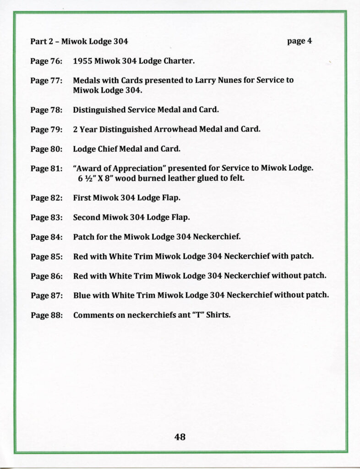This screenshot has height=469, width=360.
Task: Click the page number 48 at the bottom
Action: pyautogui.click(x=180, y=437)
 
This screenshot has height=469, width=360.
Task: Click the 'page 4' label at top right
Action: pyautogui.click(x=300, y=41)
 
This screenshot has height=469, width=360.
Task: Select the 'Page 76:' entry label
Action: pyautogui.click(x=46, y=60)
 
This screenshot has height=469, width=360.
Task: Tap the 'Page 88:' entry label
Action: pyautogui.click(x=46, y=315)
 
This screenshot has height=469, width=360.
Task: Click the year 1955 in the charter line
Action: pyautogui.click(x=82, y=60)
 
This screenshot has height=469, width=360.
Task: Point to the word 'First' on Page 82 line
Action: pyautogui.click(x=82, y=198)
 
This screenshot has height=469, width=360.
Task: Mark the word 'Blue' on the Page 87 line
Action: pyautogui.click(x=82, y=295)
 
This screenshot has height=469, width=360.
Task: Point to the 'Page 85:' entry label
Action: pyautogui.click(x=46, y=256)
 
